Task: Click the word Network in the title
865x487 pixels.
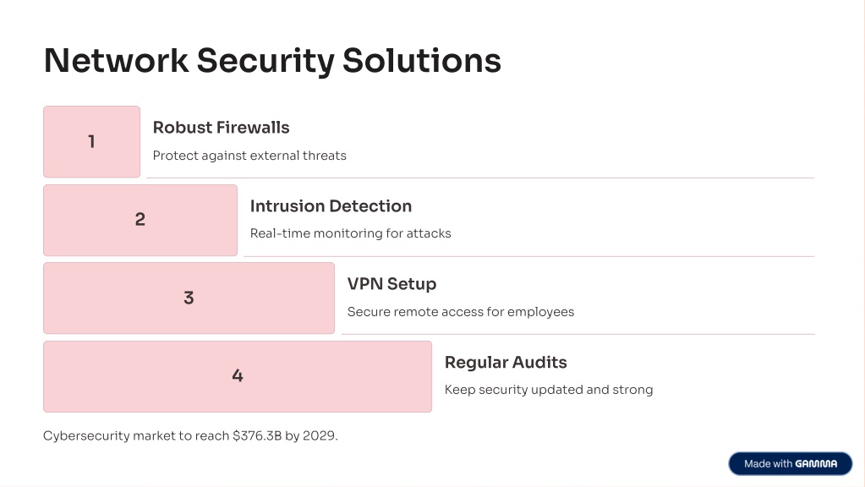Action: tap(116, 60)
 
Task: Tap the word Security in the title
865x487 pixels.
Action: tap(266, 62)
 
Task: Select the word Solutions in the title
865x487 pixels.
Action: tap(422, 60)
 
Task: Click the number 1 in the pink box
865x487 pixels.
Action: tap(91, 142)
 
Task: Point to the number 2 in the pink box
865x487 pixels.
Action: tap(140, 220)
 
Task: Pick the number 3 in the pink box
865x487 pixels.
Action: tap(189, 298)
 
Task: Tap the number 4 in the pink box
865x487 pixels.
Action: tap(238, 375)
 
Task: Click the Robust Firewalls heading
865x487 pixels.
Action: tap(222, 128)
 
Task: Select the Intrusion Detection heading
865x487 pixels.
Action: tap(331, 205)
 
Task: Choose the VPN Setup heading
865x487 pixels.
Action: tap(391, 284)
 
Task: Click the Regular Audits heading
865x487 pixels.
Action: tap(506, 363)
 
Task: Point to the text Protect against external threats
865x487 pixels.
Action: tap(249, 156)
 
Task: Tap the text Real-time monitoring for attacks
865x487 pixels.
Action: tap(351, 233)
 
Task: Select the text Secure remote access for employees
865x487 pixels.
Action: tap(461, 312)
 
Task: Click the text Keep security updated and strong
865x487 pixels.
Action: tap(549, 390)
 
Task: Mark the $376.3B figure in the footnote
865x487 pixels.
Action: tap(257, 435)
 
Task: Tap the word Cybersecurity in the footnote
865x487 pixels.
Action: tap(86, 435)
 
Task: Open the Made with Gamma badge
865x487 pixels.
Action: tap(791, 464)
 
